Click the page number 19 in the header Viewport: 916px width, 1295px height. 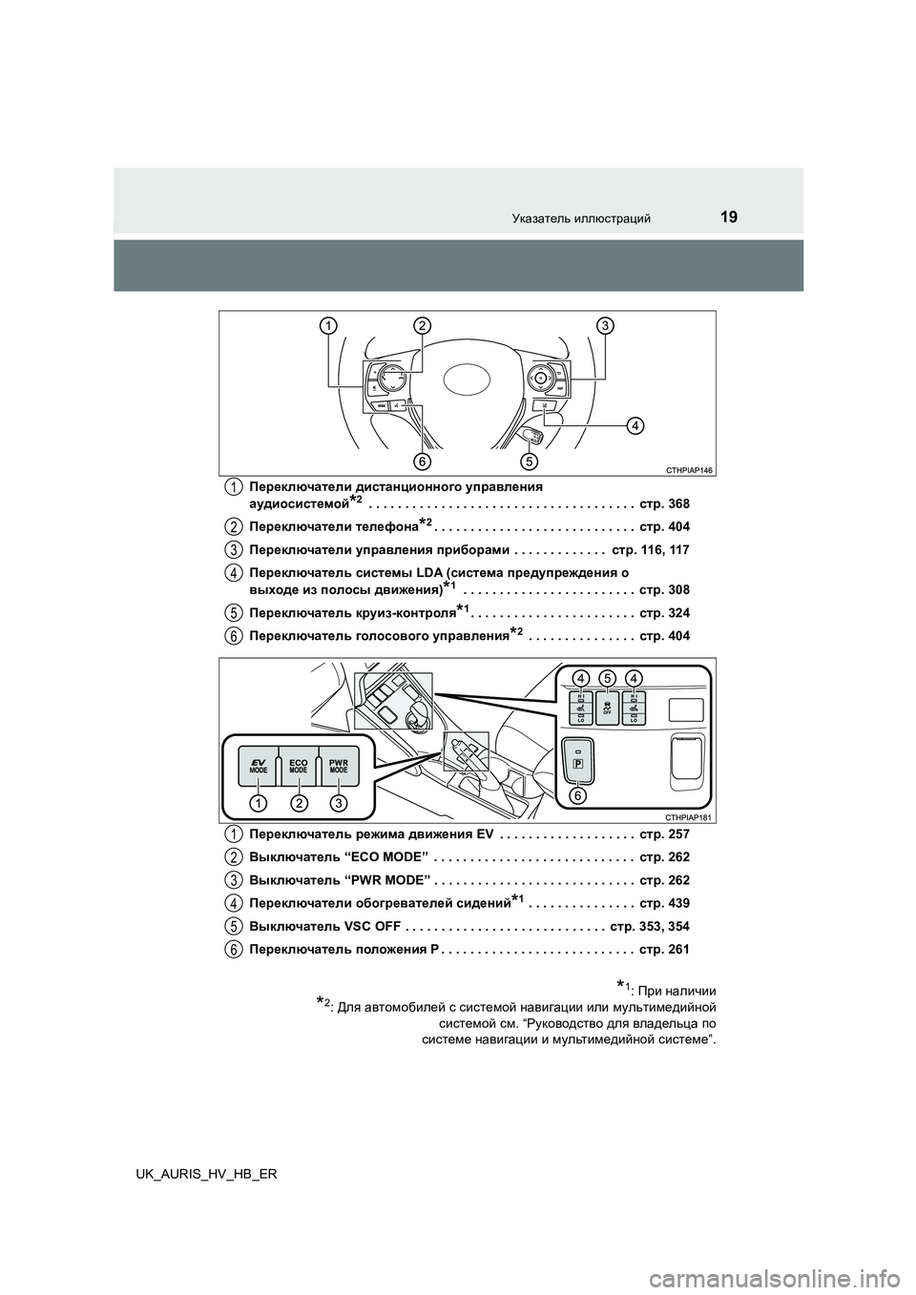click(x=728, y=216)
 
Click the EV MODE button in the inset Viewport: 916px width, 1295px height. click(x=256, y=764)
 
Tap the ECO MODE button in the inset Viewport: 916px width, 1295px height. click(x=298, y=764)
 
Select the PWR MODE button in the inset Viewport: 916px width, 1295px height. click(x=339, y=764)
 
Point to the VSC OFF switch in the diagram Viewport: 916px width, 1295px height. click(x=606, y=710)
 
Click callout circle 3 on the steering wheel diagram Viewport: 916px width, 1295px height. click(x=604, y=326)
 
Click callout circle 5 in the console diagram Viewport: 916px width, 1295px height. click(x=606, y=677)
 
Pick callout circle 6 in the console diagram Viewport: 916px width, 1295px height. click(x=578, y=794)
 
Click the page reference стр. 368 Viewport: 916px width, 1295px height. click(x=664, y=503)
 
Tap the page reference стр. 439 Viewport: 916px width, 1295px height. click(x=664, y=903)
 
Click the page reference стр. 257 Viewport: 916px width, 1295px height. click(x=664, y=834)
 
